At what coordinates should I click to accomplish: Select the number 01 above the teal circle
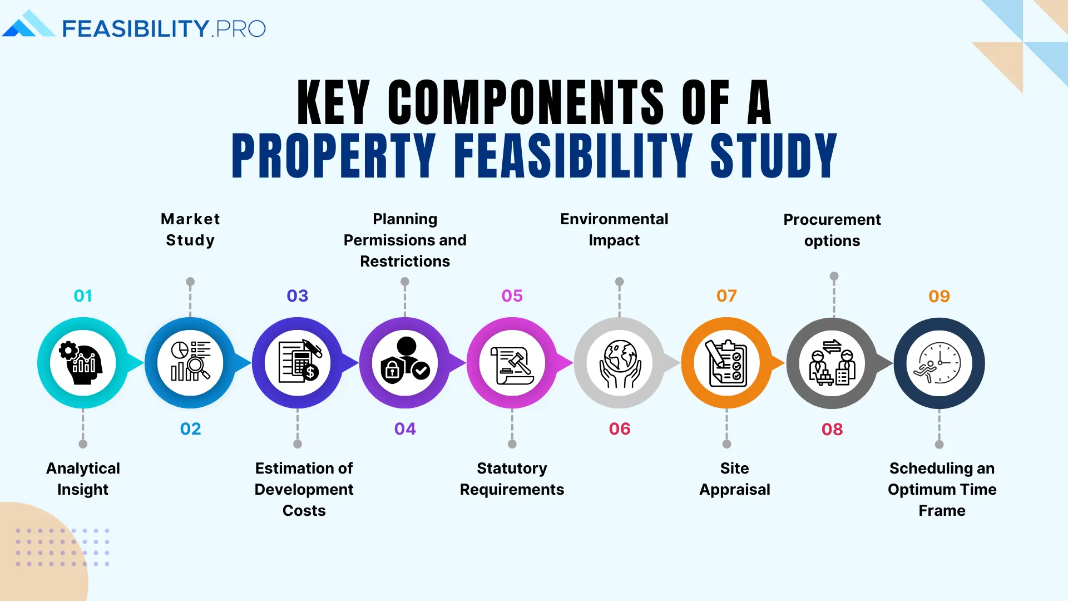[x=83, y=295]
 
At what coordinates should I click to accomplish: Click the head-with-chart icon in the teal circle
[x=83, y=363]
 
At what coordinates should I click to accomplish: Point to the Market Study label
[x=190, y=229]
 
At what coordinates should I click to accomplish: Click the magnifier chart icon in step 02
[x=190, y=363]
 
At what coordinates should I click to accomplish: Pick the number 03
[x=298, y=295]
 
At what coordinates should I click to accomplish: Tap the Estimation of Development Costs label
[x=304, y=489]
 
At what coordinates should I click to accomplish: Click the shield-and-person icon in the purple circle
[x=405, y=363]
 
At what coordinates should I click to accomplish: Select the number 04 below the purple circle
[x=405, y=428]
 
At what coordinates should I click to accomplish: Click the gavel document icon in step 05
[x=512, y=363]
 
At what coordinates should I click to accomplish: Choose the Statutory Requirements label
[x=512, y=479]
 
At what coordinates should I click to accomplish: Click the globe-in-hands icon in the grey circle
[x=620, y=363]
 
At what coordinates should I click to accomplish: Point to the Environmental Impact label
[x=614, y=229]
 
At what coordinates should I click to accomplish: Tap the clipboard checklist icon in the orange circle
[x=726, y=363]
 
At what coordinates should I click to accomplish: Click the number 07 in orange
[x=726, y=295]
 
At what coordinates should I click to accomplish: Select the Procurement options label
[x=832, y=230]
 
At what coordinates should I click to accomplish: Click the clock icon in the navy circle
[x=939, y=363]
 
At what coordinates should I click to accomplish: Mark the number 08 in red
[x=832, y=429]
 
